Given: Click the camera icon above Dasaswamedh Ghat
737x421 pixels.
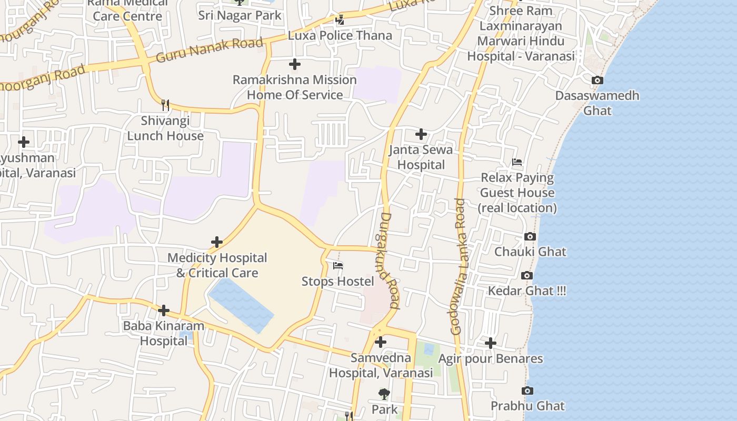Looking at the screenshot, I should point(597,81).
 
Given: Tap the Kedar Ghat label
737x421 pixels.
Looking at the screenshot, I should point(527,291).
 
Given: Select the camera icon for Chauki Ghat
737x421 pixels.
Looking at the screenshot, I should point(530,237).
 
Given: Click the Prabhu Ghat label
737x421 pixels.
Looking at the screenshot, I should point(527,406).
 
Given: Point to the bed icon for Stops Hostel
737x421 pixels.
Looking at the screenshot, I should point(338,266).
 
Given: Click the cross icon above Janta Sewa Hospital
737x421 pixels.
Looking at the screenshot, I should point(421,135).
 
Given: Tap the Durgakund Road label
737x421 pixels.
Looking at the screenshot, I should point(387,260).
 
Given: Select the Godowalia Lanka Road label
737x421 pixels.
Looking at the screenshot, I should point(459,266).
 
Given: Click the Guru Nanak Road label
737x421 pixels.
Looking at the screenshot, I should point(209,50).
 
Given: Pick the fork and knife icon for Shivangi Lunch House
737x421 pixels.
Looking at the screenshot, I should point(165,105).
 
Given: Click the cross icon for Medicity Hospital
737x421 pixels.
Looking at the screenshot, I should point(217,243).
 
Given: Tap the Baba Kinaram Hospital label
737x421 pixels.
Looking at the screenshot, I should point(163,333).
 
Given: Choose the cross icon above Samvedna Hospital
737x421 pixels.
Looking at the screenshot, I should point(381,343).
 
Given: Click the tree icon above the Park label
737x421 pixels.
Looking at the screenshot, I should point(384,394).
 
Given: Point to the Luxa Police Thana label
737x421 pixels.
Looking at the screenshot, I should point(340,36).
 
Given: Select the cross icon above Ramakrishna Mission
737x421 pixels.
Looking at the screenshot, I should point(295,65).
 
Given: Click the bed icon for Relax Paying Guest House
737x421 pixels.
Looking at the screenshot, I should point(517,162).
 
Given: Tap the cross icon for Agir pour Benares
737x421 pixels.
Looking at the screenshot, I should point(491,344).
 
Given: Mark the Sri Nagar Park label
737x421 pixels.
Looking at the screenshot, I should point(240,15).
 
